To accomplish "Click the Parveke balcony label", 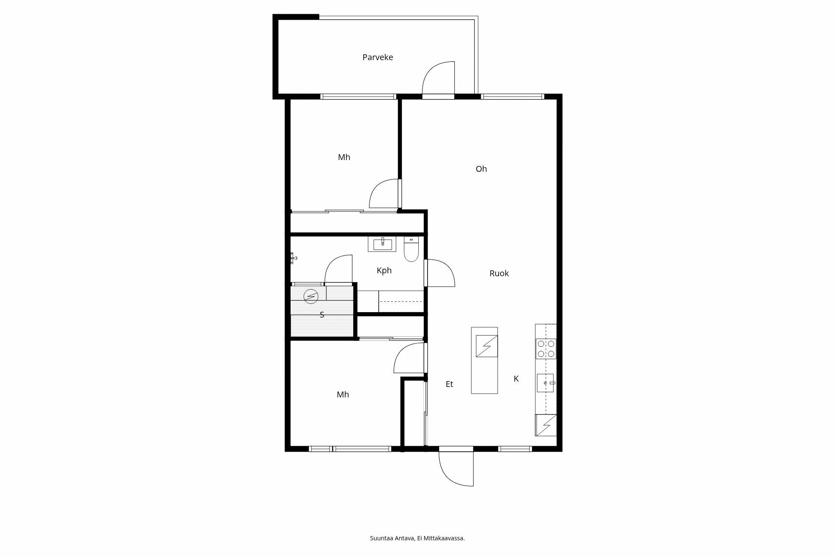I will pos(377,57).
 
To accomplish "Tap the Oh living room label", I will pos(481,169).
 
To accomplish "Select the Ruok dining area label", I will pos(499,273).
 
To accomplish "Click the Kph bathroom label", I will pos(384,270).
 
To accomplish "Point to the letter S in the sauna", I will pos(322,315).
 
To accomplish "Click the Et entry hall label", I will pos(449,384).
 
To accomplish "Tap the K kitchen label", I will pos(516,379).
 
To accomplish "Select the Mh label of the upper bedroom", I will pos(344,157).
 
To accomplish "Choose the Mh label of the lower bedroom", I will pos(343,394).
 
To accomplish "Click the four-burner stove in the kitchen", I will pos(546,349).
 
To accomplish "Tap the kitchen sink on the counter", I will pos(545,383).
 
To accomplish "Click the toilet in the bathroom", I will pos(411,249).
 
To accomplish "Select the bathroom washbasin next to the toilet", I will pos(382,244).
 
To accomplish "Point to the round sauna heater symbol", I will pos(311,296).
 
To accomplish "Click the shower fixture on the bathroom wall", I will pos(294,258).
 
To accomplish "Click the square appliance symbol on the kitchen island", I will pos(487,346).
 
